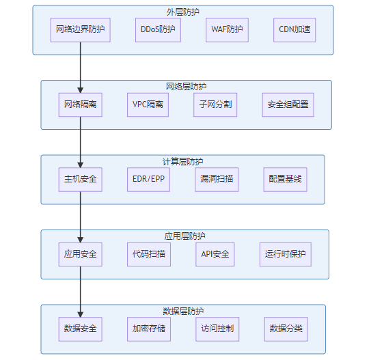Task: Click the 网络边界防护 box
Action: point(80,30)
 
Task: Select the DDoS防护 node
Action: point(158,30)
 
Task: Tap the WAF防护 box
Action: point(227,30)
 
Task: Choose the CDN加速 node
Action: point(294,30)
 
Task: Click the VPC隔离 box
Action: point(148,105)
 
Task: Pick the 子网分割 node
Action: point(215,105)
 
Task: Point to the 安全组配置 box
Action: point(288,105)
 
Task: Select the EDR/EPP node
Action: point(148,180)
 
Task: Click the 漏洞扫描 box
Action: point(217,180)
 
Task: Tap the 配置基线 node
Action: point(286,180)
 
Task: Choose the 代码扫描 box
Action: point(149,254)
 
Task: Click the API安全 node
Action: point(215,254)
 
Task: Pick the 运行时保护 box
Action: point(286,254)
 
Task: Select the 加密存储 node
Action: point(149,329)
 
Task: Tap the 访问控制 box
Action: point(217,329)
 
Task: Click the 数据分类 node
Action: point(286,329)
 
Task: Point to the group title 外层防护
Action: point(183,12)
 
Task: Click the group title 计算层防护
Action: point(183,161)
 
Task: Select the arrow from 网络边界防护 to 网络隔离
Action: point(81,68)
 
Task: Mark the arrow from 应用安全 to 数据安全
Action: point(81,292)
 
